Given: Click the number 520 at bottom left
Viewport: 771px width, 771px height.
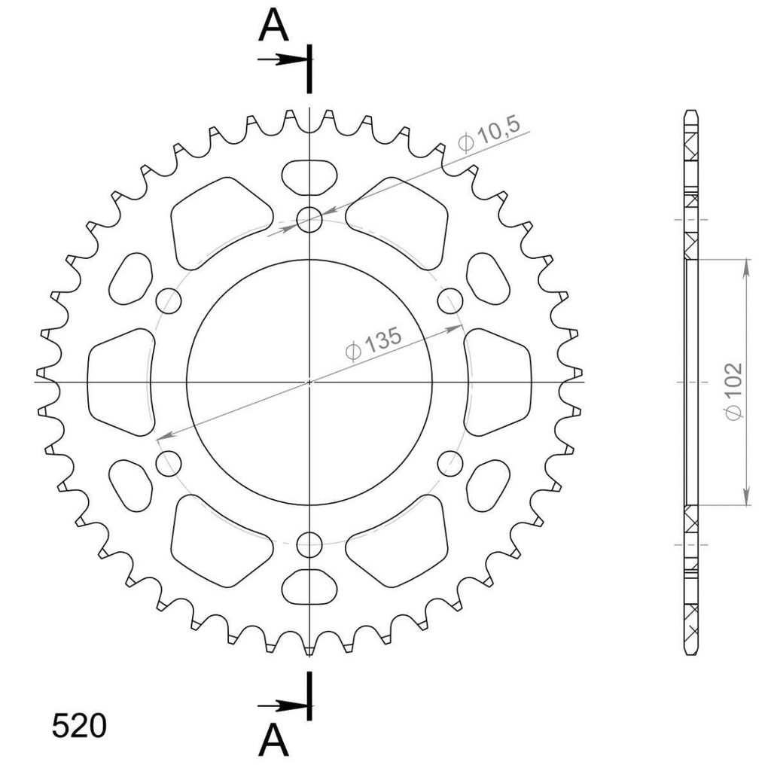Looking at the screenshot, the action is pyautogui.click(x=78, y=726).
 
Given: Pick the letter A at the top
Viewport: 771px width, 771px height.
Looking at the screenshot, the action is pyautogui.click(x=273, y=26).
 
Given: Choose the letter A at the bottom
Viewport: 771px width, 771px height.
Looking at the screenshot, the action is pyautogui.click(x=273, y=741).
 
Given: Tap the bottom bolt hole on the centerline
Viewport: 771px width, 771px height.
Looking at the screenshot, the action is pyautogui.click(x=309, y=544).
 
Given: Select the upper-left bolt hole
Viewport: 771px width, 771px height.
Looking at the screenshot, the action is pyautogui.click(x=169, y=301).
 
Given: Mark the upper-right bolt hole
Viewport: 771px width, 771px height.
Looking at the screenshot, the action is pyautogui.click(x=450, y=301).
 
